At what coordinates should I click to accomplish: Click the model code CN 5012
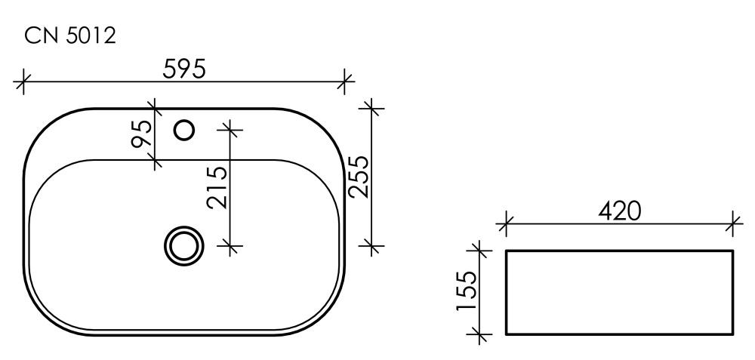[70, 35]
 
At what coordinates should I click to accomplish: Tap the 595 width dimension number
[184, 68]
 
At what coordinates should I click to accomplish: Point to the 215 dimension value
[217, 187]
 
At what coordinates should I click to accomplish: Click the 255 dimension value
[357, 176]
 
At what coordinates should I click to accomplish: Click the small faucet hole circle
[184, 131]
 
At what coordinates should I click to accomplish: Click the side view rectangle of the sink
[619, 291]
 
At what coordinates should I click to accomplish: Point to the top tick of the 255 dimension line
[370, 107]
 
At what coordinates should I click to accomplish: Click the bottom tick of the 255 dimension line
[370, 245]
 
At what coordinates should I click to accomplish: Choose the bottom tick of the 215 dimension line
[233, 245]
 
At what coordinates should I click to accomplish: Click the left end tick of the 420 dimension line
[506, 223]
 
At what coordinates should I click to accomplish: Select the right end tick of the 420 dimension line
[733, 223]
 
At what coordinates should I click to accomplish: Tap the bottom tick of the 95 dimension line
[155, 159]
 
